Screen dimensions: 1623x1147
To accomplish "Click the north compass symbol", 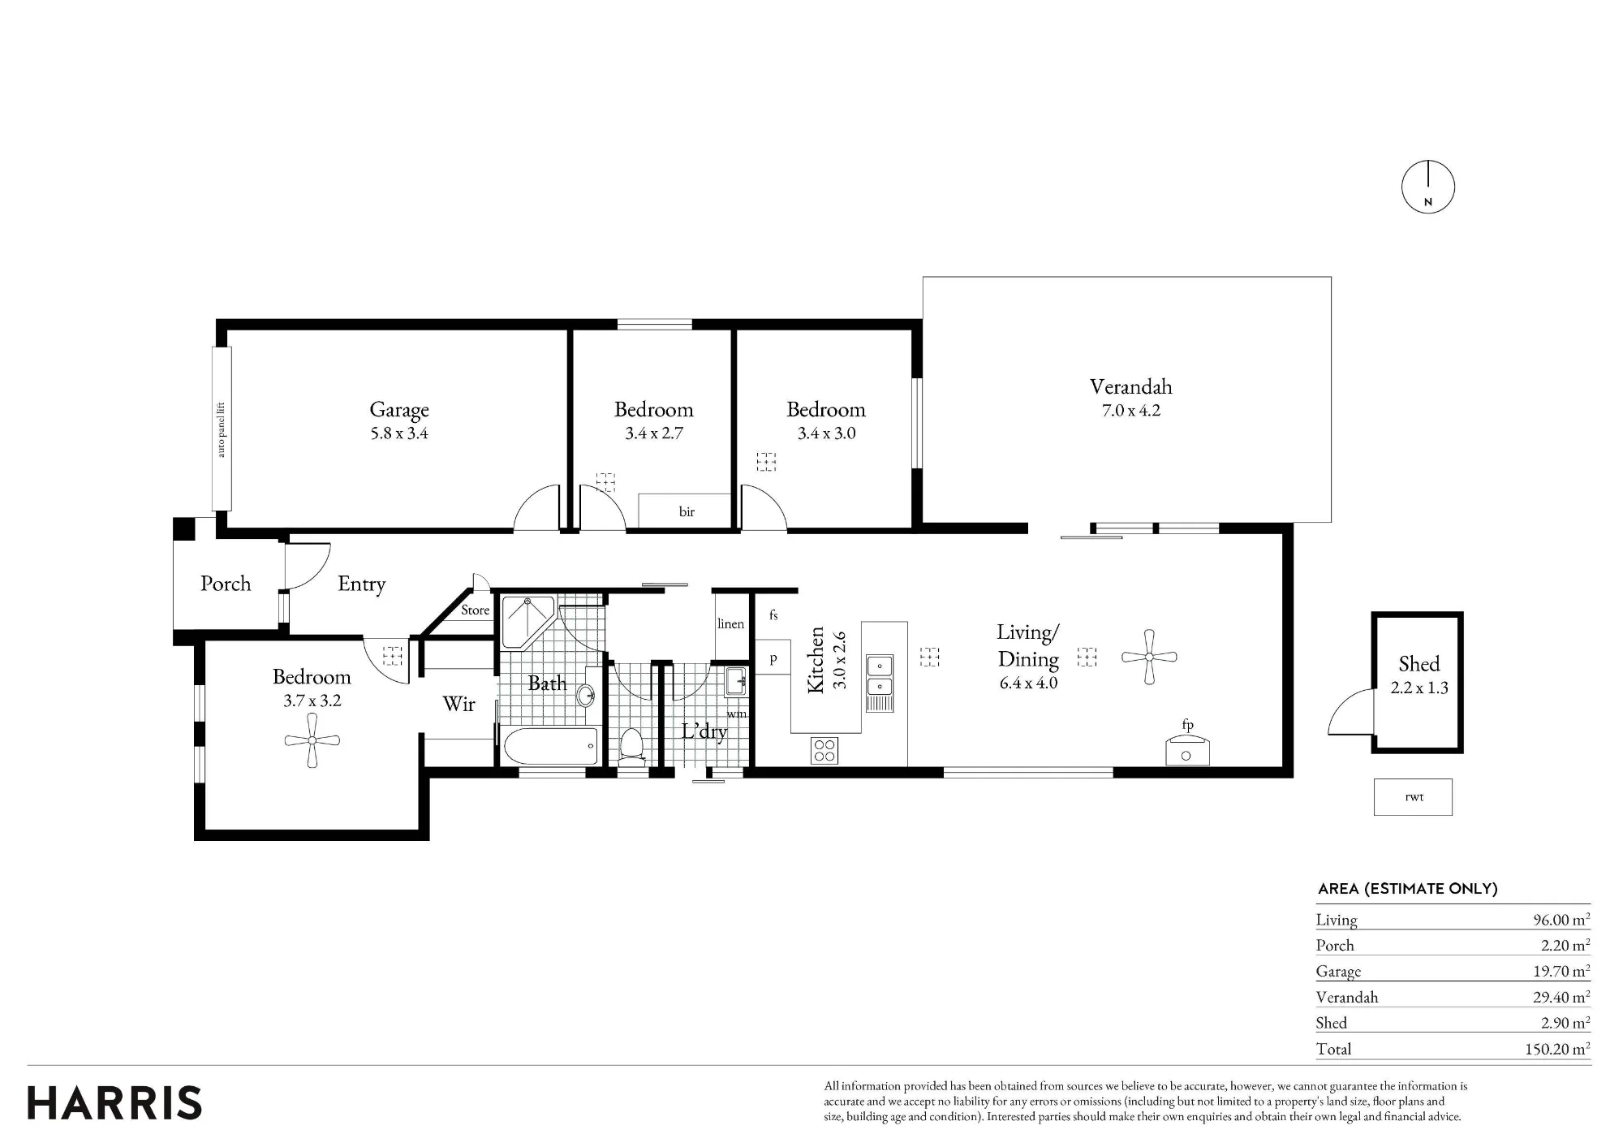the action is coord(1428,188).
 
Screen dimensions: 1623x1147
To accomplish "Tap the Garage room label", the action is coord(399,410).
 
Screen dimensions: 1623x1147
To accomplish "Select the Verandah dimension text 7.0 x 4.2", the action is coord(1131,411).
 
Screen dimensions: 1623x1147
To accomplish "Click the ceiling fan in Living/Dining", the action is coord(1149,657).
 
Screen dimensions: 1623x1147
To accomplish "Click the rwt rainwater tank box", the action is coord(1413,797).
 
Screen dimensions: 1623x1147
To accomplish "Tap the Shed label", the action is coord(1419,664).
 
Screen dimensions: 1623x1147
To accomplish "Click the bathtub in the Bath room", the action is coord(550,745).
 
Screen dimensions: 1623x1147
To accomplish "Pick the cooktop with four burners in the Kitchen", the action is coord(824,750).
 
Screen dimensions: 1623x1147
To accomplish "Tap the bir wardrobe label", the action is coord(687,511).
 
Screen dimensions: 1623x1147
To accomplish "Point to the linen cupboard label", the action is coord(730,623).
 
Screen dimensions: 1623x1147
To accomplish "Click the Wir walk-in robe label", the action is coord(458,704).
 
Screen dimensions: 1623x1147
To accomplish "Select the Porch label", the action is coord(226,584).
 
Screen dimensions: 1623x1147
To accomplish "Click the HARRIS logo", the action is coord(114,1103).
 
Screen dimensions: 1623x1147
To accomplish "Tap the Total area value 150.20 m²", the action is coord(1557,1049).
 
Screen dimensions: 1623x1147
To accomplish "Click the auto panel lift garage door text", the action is coord(222,429).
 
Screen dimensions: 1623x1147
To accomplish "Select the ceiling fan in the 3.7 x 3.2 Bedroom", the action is coord(312,740).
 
